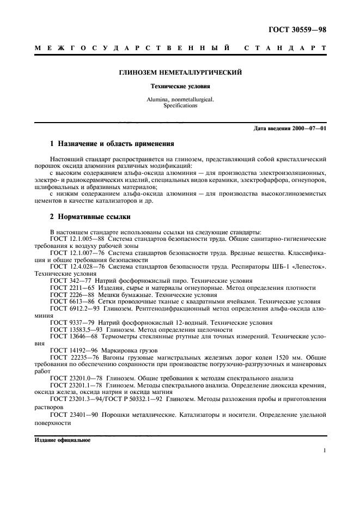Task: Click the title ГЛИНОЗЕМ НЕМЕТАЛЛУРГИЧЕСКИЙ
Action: pyautogui.click(x=180, y=72)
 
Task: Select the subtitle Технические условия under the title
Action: pyautogui.click(x=180, y=86)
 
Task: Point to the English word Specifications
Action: pyautogui.click(x=180, y=106)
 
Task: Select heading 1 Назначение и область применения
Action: pyautogui.click(x=112, y=144)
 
